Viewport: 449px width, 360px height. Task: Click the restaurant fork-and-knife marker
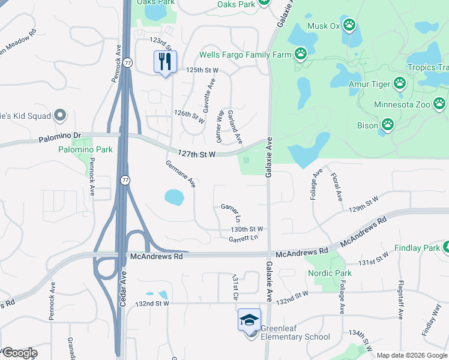pyautogui.click(x=165, y=61)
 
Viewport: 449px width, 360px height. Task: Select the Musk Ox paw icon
pyautogui.click(x=349, y=26)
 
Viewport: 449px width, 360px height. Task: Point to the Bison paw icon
pyautogui.click(x=388, y=125)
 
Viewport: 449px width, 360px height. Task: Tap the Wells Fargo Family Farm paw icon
pyautogui.click(x=301, y=55)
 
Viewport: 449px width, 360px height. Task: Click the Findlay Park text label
pyautogui.click(x=417, y=248)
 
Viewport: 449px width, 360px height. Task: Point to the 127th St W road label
pyautogui.click(x=194, y=154)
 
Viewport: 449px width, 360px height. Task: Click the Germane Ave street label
pyautogui.click(x=181, y=174)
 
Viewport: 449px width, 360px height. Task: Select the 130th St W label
pyautogui.click(x=248, y=229)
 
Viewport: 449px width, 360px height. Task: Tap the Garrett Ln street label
pyautogui.click(x=243, y=239)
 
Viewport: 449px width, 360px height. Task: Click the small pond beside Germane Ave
pyautogui.click(x=173, y=197)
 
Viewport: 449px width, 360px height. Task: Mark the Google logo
pyautogui.click(x=19, y=353)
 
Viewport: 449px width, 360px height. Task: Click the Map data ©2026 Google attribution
pyautogui.click(x=412, y=355)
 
